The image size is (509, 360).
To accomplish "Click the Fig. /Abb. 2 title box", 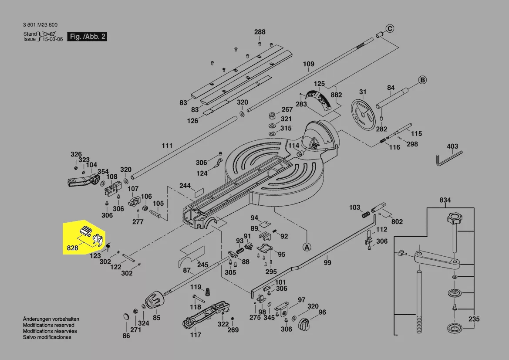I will click(x=88, y=37).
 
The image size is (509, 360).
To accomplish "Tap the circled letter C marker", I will click(x=390, y=29).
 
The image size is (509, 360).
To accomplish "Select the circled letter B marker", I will click(x=422, y=80).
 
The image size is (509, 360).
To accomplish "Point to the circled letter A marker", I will click(x=307, y=247).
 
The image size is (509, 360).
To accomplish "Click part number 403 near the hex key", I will click(x=452, y=146).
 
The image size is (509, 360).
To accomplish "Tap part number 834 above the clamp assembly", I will click(x=445, y=200).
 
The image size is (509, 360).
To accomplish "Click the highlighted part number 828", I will click(x=72, y=248).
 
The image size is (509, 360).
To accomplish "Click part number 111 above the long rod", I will click(x=167, y=146).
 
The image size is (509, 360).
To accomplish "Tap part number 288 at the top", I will click(x=260, y=32).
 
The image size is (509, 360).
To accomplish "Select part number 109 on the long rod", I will click(x=308, y=64).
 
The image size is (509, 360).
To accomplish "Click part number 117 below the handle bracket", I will click(x=196, y=335).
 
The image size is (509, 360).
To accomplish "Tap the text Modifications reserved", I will click(x=48, y=325).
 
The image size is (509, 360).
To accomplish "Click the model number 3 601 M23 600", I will click(x=40, y=25).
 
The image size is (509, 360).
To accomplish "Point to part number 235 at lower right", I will click(x=474, y=319).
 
